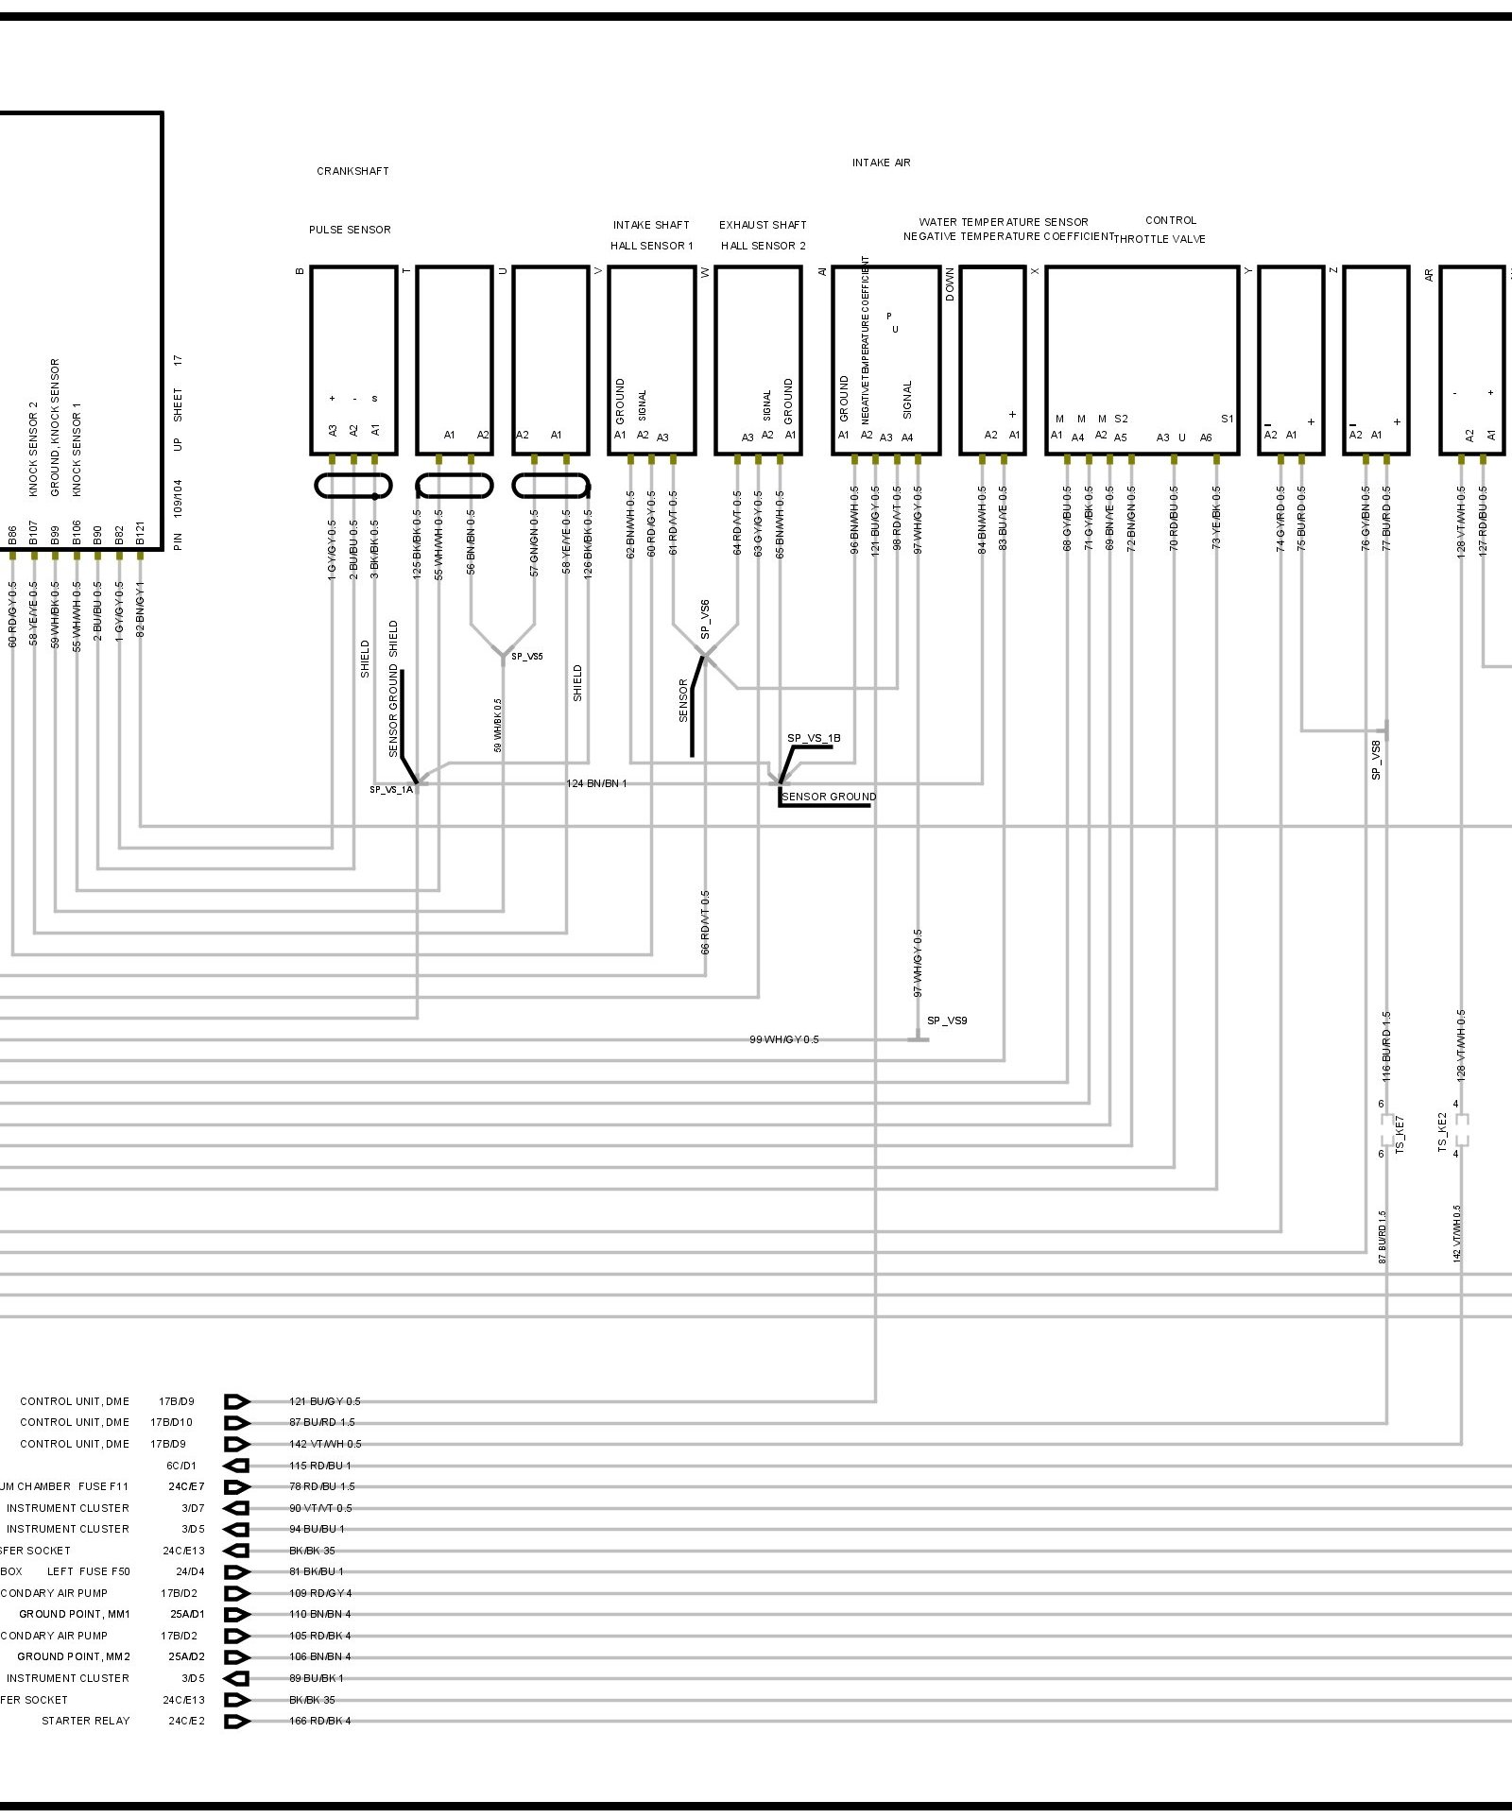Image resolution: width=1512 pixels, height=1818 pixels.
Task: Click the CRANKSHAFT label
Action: tap(352, 171)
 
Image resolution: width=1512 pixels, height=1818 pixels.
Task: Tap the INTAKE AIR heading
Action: tap(881, 163)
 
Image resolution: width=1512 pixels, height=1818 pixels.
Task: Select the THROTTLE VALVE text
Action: tap(1160, 239)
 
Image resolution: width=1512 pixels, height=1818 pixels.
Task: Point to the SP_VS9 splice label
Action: tap(947, 1020)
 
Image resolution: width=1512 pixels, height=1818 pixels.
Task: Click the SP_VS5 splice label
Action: tap(527, 656)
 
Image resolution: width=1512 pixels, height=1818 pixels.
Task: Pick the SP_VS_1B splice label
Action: tap(814, 738)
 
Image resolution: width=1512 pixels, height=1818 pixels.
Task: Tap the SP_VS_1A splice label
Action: tap(390, 789)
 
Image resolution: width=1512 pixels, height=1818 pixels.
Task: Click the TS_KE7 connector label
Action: tap(1400, 1134)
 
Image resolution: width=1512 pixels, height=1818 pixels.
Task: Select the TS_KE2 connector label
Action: tap(1443, 1132)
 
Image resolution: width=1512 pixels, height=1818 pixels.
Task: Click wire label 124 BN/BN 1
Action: tap(596, 783)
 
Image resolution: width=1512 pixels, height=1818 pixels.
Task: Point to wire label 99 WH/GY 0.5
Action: tap(783, 1039)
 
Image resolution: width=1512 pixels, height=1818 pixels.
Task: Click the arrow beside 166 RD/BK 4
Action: tap(237, 1721)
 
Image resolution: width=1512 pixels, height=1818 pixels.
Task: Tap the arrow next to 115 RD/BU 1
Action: tap(237, 1466)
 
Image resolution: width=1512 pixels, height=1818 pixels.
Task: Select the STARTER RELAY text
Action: tap(85, 1721)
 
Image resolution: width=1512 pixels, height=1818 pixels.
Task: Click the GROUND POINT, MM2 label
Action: tap(74, 1656)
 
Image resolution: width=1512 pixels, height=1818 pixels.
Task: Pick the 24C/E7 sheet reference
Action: tap(186, 1486)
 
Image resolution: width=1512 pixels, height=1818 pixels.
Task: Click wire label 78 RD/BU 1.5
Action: tap(322, 1486)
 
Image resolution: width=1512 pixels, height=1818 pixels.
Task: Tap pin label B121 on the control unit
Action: tap(140, 535)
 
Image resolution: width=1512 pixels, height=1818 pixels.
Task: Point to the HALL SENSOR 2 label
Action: tap(763, 246)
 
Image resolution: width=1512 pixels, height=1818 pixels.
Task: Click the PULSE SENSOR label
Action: tap(350, 230)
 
